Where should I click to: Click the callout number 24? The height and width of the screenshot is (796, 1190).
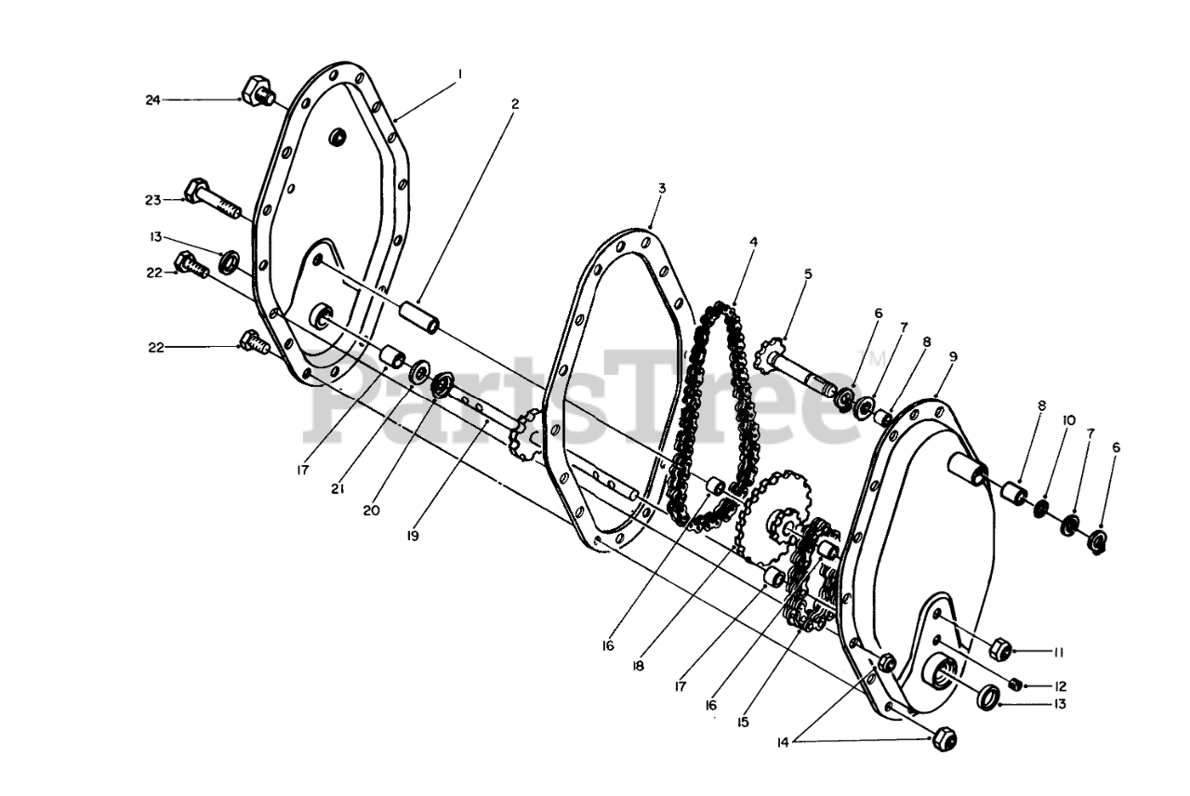[152, 99]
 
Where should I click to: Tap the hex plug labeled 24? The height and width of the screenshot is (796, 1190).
[255, 92]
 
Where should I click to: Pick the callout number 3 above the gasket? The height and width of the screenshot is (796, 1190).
[661, 188]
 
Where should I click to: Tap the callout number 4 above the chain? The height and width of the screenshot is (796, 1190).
[754, 242]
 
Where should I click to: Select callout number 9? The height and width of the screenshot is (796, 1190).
[953, 356]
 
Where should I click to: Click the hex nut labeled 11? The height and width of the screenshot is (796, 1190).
[1001, 648]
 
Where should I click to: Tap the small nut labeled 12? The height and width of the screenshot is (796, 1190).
[1016, 684]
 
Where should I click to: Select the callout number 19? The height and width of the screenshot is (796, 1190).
[412, 536]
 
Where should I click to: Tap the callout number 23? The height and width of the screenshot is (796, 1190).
[152, 200]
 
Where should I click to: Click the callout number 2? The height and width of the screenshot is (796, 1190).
[514, 104]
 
